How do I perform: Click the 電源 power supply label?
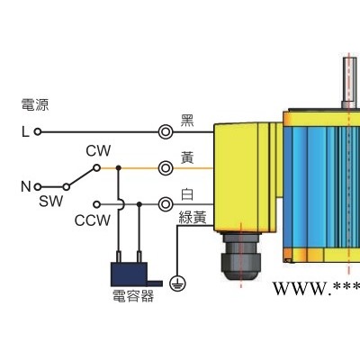(35, 104)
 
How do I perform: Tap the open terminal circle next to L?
(38, 131)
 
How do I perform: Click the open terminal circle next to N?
(38, 187)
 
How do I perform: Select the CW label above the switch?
(98, 151)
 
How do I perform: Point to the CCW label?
(93, 220)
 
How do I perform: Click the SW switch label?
(50, 202)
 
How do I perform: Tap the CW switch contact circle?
(96, 168)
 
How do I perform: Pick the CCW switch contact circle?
(96, 204)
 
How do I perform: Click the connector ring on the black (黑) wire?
(166, 131)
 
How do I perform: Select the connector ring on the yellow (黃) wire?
(166, 168)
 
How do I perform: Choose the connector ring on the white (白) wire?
(166, 204)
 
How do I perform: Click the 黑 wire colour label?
(187, 121)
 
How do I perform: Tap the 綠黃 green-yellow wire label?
(193, 217)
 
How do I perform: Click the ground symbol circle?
(177, 283)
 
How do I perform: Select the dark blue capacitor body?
(129, 274)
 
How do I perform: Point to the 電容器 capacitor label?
(133, 295)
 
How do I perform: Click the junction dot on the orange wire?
(119, 167)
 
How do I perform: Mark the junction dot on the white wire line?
(139, 204)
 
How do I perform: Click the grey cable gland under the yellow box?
(240, 256)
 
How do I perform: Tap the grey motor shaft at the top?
(349, 83)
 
